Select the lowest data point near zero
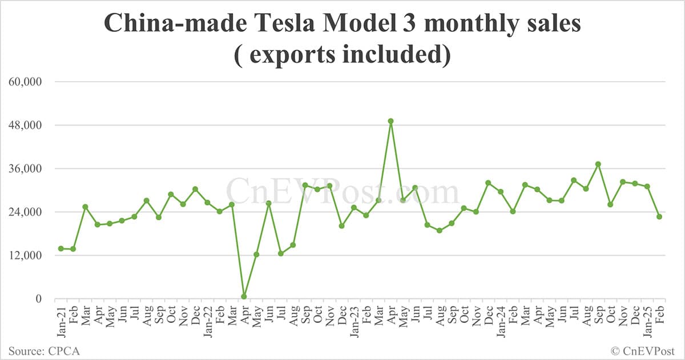244,297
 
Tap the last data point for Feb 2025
659,217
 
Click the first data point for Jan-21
61,249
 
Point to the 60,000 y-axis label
25,82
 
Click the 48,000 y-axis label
25,125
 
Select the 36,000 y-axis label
25,168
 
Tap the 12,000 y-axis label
25,255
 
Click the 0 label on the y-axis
38,298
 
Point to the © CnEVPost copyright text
643,350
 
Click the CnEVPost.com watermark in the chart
342,192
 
